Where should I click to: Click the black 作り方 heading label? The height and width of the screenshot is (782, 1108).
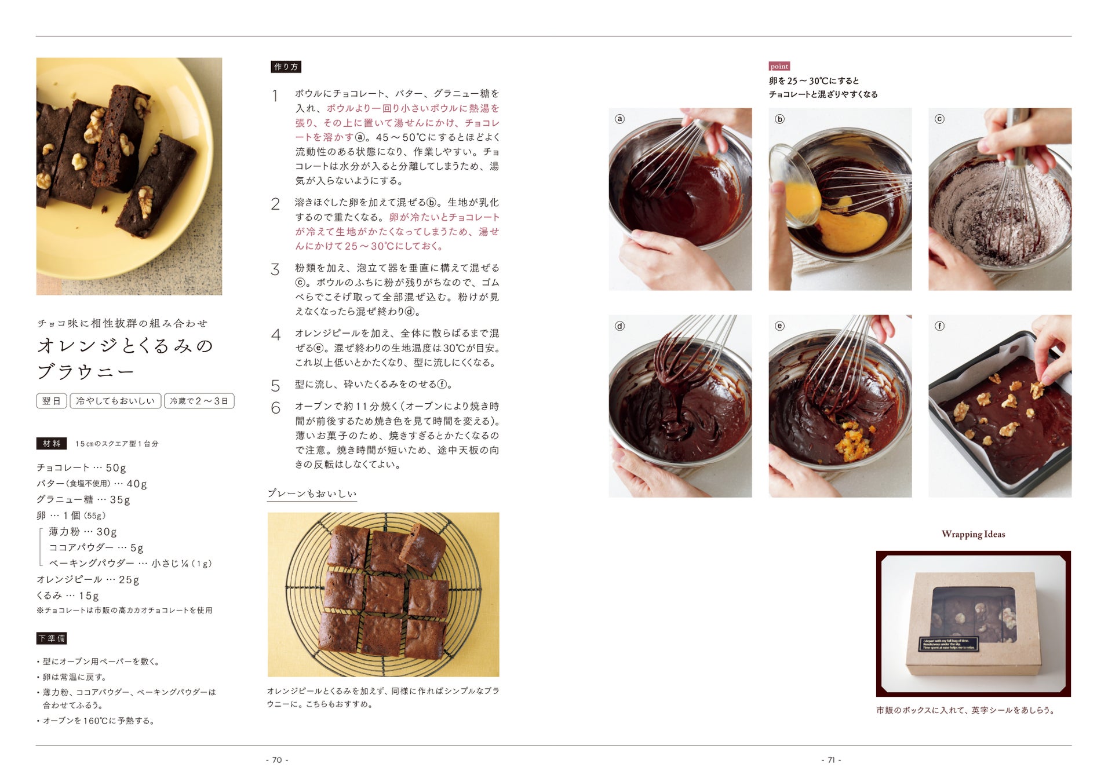coord(286,67)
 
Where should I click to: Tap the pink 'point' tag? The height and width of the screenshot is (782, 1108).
coord(779,66)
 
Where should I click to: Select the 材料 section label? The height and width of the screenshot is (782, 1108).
coord(52,443)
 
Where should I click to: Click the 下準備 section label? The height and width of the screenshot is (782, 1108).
coord(52,638)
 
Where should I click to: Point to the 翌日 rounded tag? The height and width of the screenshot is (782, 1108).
coord(52,401)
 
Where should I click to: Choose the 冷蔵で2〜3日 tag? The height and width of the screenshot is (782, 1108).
coord(199,401)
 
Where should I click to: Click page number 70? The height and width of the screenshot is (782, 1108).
coord(277,760)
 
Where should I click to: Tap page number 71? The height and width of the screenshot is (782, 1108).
coord(831,760)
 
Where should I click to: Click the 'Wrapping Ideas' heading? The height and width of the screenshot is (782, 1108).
coord(973,534)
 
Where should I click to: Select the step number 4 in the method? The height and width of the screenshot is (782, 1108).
coord(276,335)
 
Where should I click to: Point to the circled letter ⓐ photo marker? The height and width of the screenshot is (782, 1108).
coord(619,119)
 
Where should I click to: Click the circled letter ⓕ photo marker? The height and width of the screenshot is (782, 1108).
coord(939,326)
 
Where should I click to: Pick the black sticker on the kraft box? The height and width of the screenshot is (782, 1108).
coord(949,644)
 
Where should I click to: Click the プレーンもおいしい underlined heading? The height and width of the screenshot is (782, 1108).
coord(312,494)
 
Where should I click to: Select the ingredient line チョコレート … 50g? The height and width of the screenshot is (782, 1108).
coord(81,467)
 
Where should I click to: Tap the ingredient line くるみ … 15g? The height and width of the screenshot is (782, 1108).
coord(68,595)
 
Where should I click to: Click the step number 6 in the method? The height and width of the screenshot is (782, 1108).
coord(276,408)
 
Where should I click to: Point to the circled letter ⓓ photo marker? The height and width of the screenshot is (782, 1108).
coord(619,326)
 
